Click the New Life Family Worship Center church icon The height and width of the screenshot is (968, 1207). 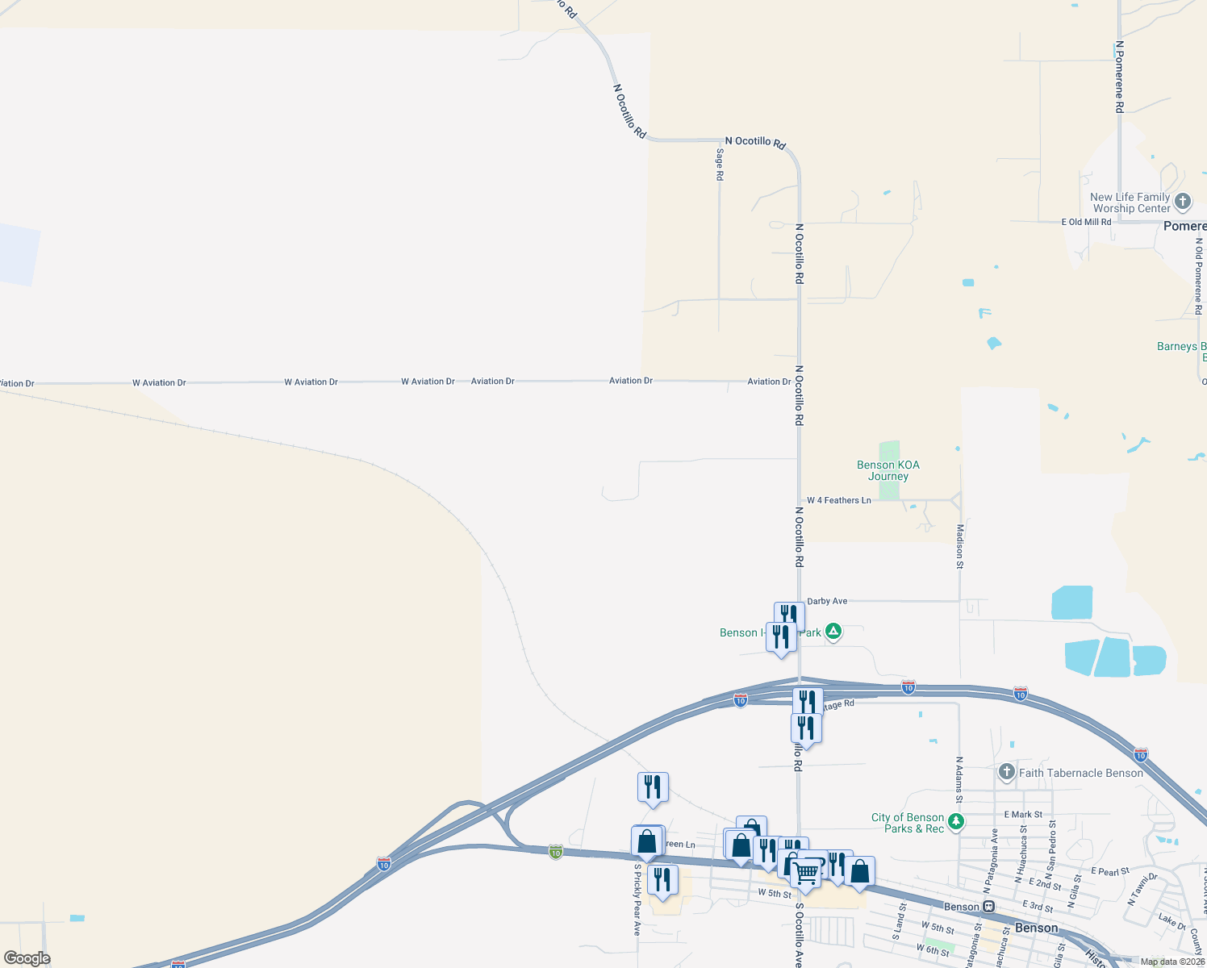click(1183, 202)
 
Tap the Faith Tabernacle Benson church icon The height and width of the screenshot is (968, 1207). click(1006, 772)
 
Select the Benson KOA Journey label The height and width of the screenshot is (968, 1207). click(887, 470)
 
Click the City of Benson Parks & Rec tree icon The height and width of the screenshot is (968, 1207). click(956, 822)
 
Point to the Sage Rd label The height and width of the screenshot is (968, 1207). click(720, 164)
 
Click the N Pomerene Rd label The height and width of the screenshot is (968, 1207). click(1119, 77)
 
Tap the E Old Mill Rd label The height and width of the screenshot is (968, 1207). click(1086, 222)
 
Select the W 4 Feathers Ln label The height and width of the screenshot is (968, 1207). click(838, 500)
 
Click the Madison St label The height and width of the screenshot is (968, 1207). click(960, 546)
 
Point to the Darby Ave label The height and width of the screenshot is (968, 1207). click(827, 601)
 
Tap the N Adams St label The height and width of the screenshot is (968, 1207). click(959, 779)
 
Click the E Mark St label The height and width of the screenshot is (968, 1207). click(1023, 815)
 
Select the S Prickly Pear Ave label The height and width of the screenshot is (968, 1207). click(637, 900)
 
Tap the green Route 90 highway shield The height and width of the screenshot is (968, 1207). click(555, 852)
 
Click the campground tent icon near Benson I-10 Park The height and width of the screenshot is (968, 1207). click(833, 632)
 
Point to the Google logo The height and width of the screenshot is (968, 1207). click(27, 958)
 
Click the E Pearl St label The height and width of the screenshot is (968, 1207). click(1109, 871)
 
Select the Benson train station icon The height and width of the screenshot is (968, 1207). click(988, 907)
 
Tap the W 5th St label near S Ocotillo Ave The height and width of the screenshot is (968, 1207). click(775, 894)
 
